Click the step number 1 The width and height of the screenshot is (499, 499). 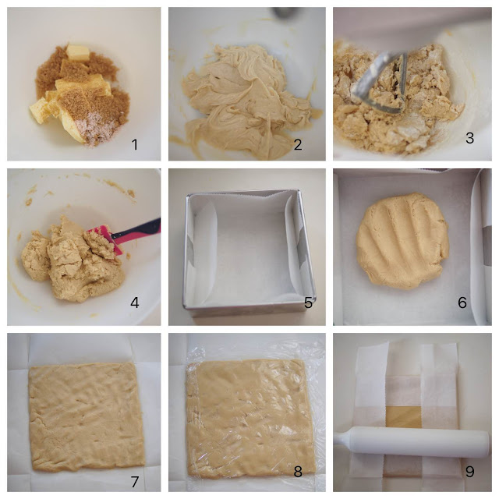pos(135,145)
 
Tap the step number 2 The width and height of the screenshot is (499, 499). pos(298,145)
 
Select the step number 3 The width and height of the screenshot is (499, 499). pos(469,138)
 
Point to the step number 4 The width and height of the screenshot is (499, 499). pos(135,303)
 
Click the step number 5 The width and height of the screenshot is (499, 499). pos(308,303)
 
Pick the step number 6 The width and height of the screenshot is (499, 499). pos(462,303)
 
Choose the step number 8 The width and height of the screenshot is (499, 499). pos(298,471)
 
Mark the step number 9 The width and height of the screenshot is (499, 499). pos(469,471)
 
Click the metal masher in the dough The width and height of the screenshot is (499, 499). pos(382,83)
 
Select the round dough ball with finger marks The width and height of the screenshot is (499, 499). pos(402,240)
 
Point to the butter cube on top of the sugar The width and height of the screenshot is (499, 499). pos(78,52)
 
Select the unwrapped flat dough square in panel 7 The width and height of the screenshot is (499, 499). pos(87,417)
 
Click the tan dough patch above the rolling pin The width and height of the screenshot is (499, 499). pos(403,417)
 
